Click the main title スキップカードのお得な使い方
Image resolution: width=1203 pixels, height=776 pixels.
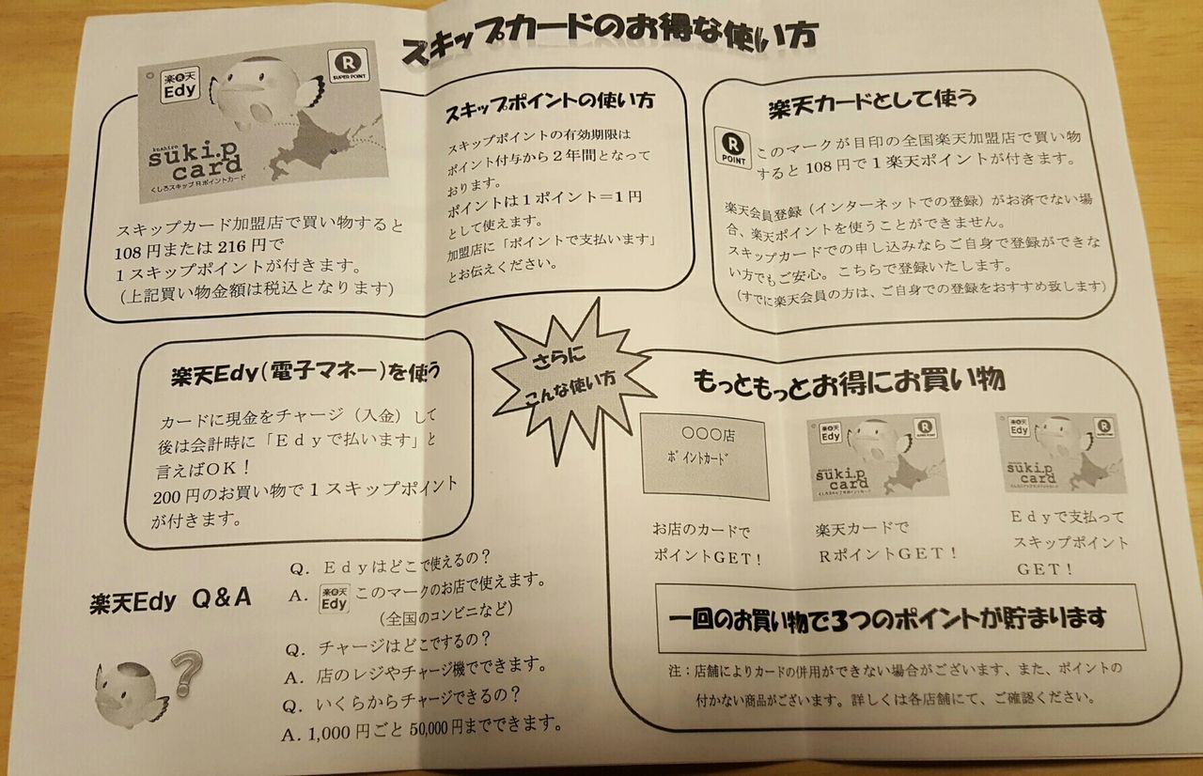pyautogui.click(x=610, y=39)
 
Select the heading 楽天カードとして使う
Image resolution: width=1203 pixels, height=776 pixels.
pyautogui.click(x=872, y=103)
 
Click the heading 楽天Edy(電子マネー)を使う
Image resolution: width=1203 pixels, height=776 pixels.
pyautogui.click(x=305, y=372)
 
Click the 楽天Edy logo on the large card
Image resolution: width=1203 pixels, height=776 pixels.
pyautogui.click(x=180, y=85)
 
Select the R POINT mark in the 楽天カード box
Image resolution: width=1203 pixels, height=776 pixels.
pyautogui.click(x=732, y=147)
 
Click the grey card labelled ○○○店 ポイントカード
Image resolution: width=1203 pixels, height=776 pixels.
pyautogui.click(x=705, y=457)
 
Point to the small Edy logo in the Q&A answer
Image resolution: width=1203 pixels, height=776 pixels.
pyautogui.click(x=334, y=598)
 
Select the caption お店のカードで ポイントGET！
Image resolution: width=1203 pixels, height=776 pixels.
pyautogui.click(x=707, y=544)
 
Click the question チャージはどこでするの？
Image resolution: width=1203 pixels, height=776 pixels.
pyautogui.click(x=388, y=644)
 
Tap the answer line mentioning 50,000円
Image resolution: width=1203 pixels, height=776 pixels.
pyautogui.click(x=422, y=728)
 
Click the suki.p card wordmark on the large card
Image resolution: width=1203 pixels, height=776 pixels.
pyautogui.click(x=195, y=161)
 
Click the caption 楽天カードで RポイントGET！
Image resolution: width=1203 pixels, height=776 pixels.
pyautogui.click(x=886, y=542)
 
